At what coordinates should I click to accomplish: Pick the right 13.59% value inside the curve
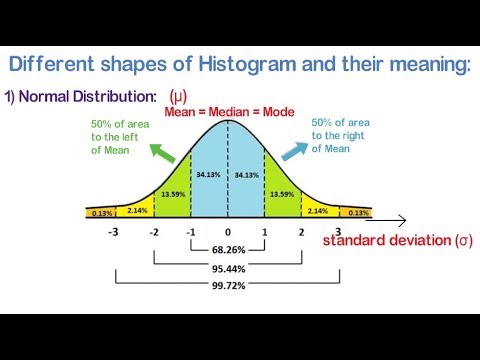tap(282, 196)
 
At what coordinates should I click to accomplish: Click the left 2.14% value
tap(137, 210)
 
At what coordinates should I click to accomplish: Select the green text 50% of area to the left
tap(119, 133)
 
